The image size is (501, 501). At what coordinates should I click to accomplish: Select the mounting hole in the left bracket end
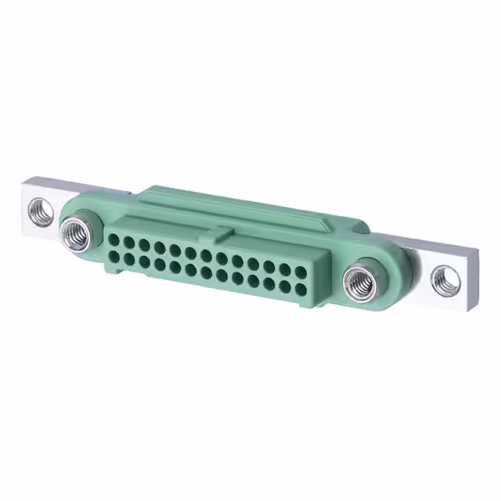(x=41, y=210)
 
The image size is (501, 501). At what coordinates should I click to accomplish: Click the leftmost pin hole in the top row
(x=114, y=240)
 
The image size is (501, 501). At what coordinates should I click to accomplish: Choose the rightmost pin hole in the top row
(x=301, y=272)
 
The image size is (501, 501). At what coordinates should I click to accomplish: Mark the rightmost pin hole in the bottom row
(x=301, y=289)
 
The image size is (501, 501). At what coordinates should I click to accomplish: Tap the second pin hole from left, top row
(x=129, y=243)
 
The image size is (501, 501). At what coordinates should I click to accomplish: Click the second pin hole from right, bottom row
(x=284, y=286)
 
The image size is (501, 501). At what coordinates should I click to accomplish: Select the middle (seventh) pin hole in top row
(x=207, y=256)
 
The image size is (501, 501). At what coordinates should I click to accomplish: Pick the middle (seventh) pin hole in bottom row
(x=207, y=272)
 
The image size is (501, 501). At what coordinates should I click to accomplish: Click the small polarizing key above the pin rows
(x=223, y=232)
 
